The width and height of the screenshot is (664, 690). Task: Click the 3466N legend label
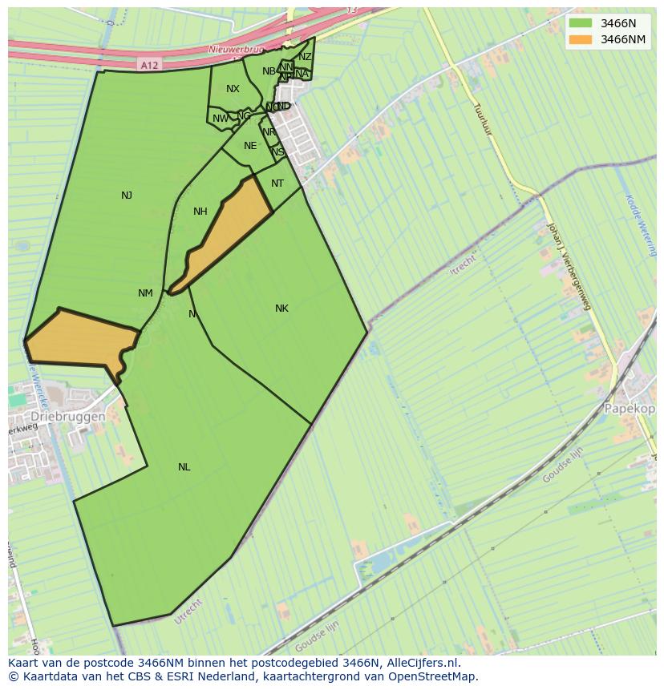[x=618, y=23]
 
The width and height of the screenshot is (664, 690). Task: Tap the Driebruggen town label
[x=68, y=418]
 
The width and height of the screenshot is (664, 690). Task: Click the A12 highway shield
[x=147, y=64]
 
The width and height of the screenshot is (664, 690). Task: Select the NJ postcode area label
[x=127, y=196]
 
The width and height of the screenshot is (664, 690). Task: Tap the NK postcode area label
[x=281, y=309]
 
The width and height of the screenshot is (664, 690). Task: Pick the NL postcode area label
[x=184, y=467]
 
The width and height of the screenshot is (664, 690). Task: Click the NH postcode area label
[x=200, y=212]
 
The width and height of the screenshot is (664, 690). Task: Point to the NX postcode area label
[x=233, y=89]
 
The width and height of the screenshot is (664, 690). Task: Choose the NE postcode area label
[x=250, y=146]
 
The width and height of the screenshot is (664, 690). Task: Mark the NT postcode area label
[x=277, y=184]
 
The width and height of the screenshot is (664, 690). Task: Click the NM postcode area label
[x=145, y=293]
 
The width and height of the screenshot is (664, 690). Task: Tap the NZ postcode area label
[x=305, y=57]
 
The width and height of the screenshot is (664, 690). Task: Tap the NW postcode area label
[x=220, y=119]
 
